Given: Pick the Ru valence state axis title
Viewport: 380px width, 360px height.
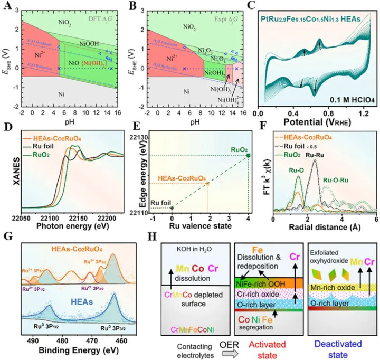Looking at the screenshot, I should click(x=212, y=225).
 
